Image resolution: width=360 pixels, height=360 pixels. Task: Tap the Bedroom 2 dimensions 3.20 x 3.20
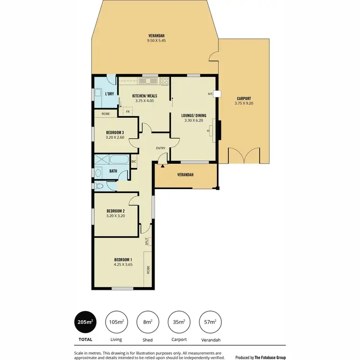(x=116, y=216)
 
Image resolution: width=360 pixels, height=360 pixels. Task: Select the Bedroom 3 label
(x=116, y=132)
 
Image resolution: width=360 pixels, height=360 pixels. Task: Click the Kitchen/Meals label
(x=145, y=96)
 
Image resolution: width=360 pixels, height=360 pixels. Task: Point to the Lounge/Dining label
(x=194, y=116)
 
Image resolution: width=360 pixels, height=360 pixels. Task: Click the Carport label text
(x=243, y=98)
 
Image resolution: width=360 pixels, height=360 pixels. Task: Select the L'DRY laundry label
(x=109, y=94)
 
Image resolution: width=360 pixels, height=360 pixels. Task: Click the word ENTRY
(x=160, y=148)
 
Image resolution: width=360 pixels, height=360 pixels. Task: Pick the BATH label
(x=113, y=171)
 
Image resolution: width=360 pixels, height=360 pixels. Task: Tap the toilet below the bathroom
(x=99, y=186)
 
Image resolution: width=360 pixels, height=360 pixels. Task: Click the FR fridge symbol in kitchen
(x=128, y=111)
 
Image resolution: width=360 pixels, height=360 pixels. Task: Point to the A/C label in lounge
(x=210, y=94)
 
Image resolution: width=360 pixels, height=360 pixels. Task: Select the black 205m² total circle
(x=85, y=323)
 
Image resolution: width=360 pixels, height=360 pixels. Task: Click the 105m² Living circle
(x=116, y=323)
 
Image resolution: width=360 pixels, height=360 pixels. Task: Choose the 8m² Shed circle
(x=147, y=323)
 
